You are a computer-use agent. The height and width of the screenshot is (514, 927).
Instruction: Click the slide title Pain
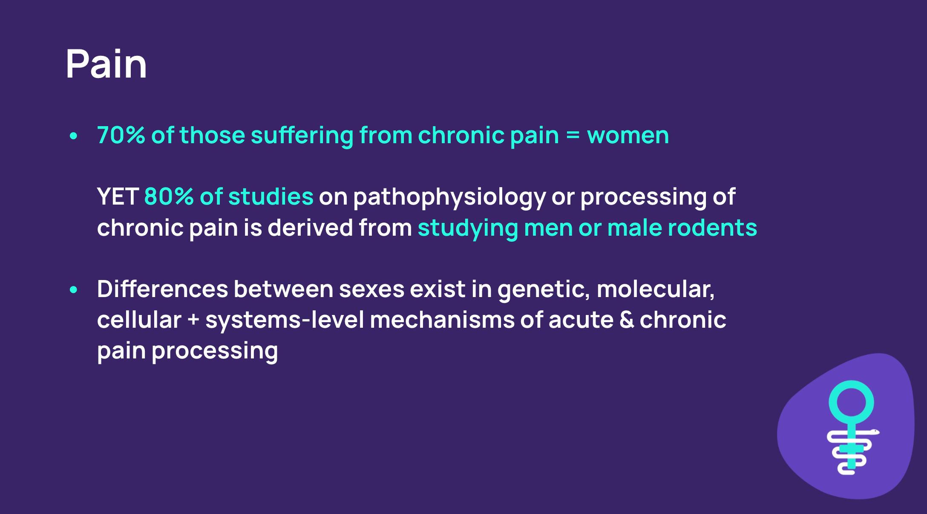[x=107, y=64]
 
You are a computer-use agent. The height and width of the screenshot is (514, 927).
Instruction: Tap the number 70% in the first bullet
[x=121, y=136]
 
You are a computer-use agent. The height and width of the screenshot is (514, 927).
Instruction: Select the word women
[x=628, y=136]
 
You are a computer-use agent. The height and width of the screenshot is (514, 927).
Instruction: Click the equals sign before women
[x=573, y=136]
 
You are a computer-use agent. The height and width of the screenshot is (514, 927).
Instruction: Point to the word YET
[x=118, y=196]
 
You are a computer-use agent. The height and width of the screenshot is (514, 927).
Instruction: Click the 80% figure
[x=169, y=196]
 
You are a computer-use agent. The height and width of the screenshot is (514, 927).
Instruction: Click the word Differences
[x=163, y=289]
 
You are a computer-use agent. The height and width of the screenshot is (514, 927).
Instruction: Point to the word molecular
[x=656, y=289]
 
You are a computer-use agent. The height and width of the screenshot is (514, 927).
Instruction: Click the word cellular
[x=139, y=320]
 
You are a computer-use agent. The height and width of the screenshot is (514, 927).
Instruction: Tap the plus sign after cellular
[x=193, y=320]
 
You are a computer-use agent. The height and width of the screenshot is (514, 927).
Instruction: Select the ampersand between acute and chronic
[x=627, y=320]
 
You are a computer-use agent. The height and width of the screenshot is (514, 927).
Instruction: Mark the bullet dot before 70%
[x=73, y=136]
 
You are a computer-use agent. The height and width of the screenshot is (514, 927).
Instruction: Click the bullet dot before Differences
[x=73, y=290]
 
